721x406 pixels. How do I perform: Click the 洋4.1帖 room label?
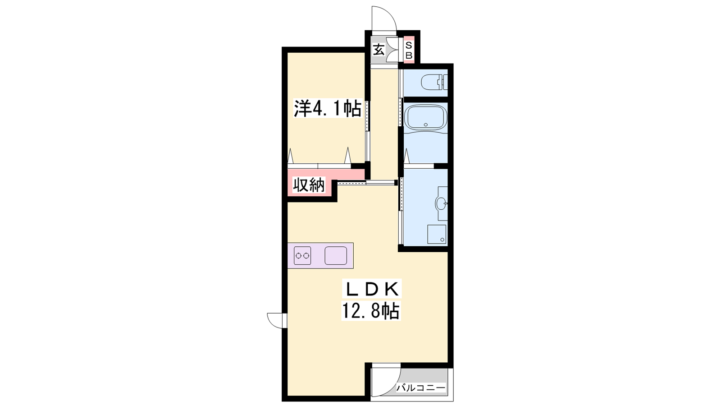tap(327, 109)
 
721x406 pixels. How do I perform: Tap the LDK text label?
tap(372, 289)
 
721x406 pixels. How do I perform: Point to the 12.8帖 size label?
tap(371, 311)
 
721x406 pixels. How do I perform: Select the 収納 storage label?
tap(309, 185)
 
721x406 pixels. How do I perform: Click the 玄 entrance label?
tap(379, 50)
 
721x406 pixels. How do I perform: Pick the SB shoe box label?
tap(408, 51)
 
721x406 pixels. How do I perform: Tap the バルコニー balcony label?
tap(420, 388)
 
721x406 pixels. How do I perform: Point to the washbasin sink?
tap(441, 203)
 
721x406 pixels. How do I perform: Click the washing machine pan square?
tap(437, 234)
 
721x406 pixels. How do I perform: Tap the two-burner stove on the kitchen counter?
tap(302, 255)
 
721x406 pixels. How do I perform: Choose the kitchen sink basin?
tap(336, 255)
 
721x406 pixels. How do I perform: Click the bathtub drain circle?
tap(426, 125)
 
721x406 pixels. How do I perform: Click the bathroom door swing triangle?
tap(406, 156)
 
